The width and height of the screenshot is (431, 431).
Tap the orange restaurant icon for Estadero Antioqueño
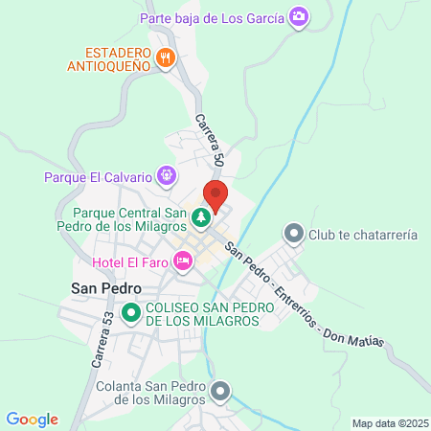coord(166,57)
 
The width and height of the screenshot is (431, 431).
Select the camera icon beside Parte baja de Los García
coord(299,16)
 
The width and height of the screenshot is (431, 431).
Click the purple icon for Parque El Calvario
coord(167,176)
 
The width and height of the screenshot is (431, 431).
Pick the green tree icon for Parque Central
coord(201,218)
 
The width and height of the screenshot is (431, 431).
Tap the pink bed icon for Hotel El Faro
coord(182,261)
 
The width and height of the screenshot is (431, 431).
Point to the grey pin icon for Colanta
coord(221,391)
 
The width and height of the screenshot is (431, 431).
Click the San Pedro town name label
coord(106,287)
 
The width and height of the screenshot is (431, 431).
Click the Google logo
coord(32,419)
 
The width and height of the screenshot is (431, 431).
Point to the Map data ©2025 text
coord(389,422)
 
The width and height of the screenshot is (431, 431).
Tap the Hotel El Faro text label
coord(130,261)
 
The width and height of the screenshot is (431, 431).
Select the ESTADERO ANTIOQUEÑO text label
coord(109,57)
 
